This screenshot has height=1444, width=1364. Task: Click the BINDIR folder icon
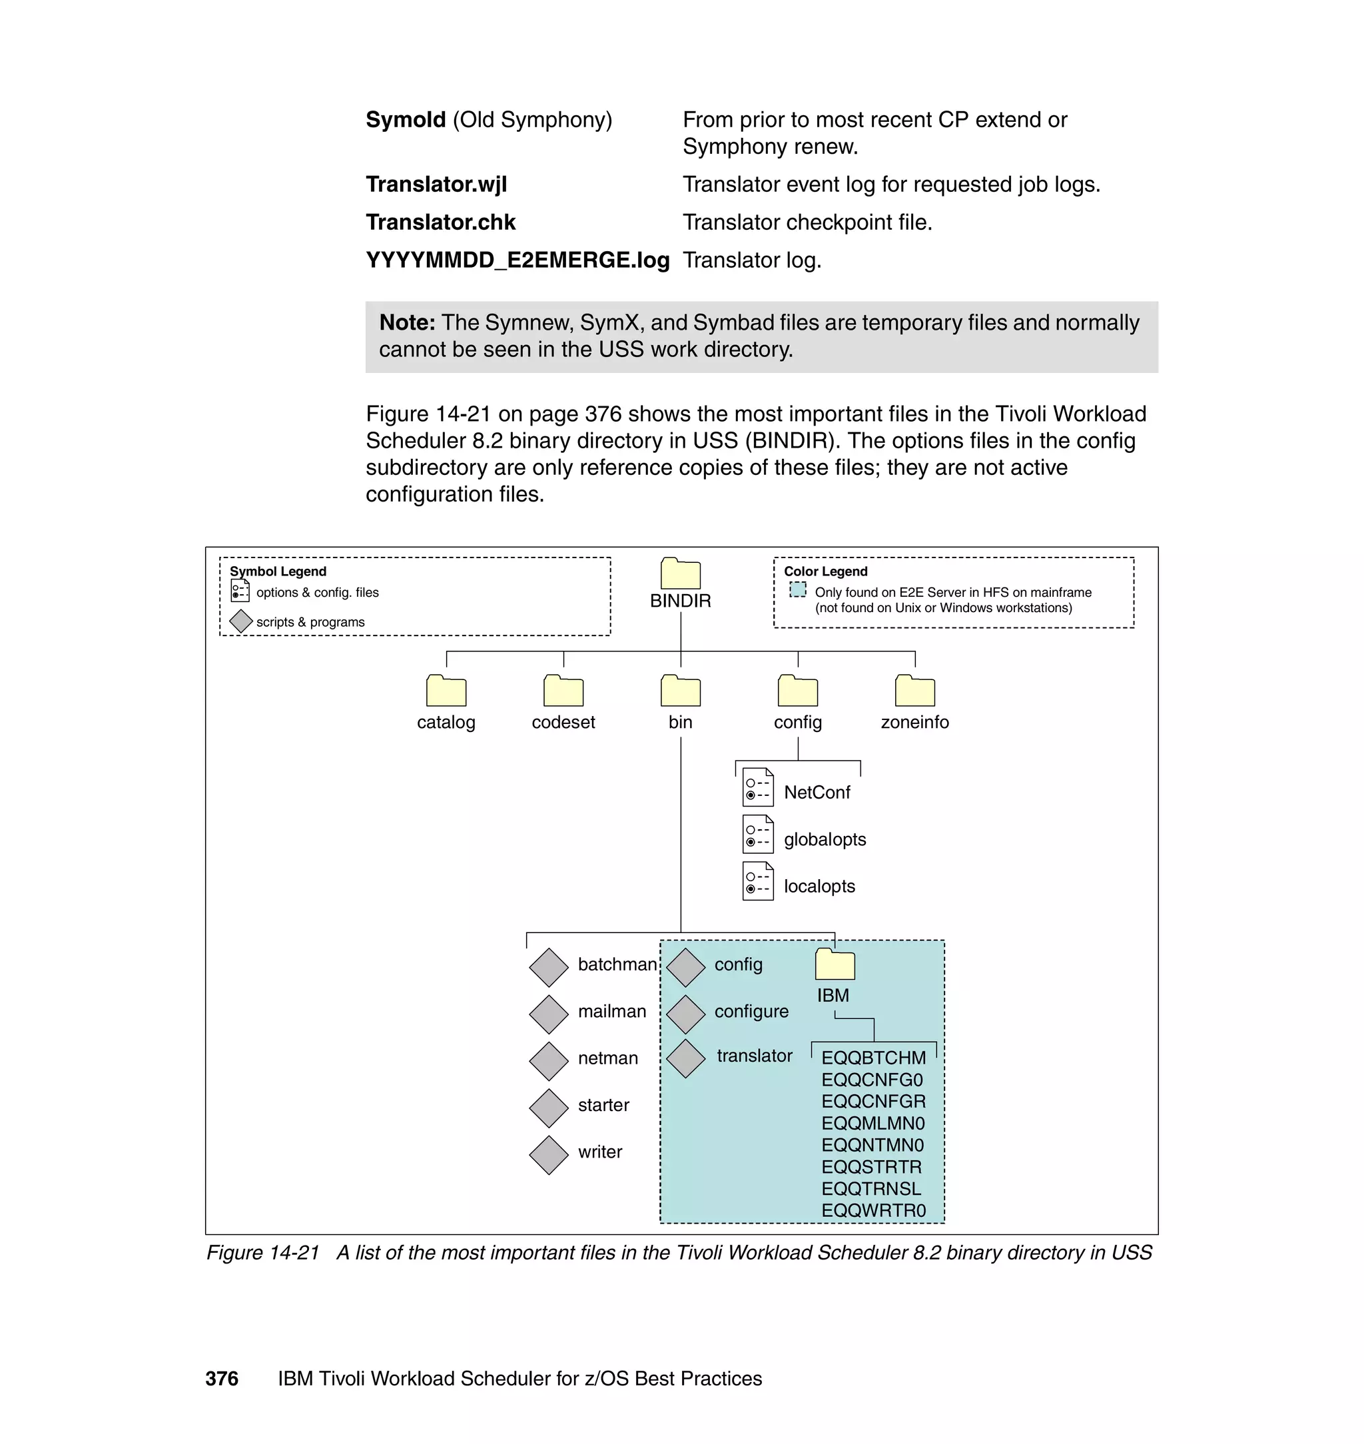(x=680, y=573)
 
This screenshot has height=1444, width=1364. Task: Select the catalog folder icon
(x=446, y=691)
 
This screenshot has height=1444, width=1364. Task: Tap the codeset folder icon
(x=563, y=691)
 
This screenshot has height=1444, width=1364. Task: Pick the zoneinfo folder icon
(x=914, y=691)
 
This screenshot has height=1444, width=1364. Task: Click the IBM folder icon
(x=835, y=964)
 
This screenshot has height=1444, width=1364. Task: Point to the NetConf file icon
(x=758, y=787)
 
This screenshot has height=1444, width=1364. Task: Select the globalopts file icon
(x=758, y=834)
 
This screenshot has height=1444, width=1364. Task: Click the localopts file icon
(x=758, y=881)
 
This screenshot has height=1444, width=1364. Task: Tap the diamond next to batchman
(x=548, y=967)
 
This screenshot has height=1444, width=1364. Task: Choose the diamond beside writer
(x=548, y=1155)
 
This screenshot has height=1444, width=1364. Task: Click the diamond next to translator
(x=685, y=1058)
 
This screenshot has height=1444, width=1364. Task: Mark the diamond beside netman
(x=548, y=1061)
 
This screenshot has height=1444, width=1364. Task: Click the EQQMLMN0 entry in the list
(x=872, y=1124)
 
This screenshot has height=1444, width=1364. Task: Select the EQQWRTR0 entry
(x=873, y=1211)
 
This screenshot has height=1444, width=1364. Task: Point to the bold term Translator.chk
(x=441, y=222)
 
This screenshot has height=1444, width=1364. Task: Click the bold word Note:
(x=407, y=323)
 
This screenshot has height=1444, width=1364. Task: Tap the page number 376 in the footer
(x=222, y=1379)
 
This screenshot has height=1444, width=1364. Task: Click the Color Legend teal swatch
(x=798, y=589)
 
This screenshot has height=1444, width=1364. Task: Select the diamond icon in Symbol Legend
(x=240, y=621)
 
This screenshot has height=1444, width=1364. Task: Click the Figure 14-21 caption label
(x=263, y=1253)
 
